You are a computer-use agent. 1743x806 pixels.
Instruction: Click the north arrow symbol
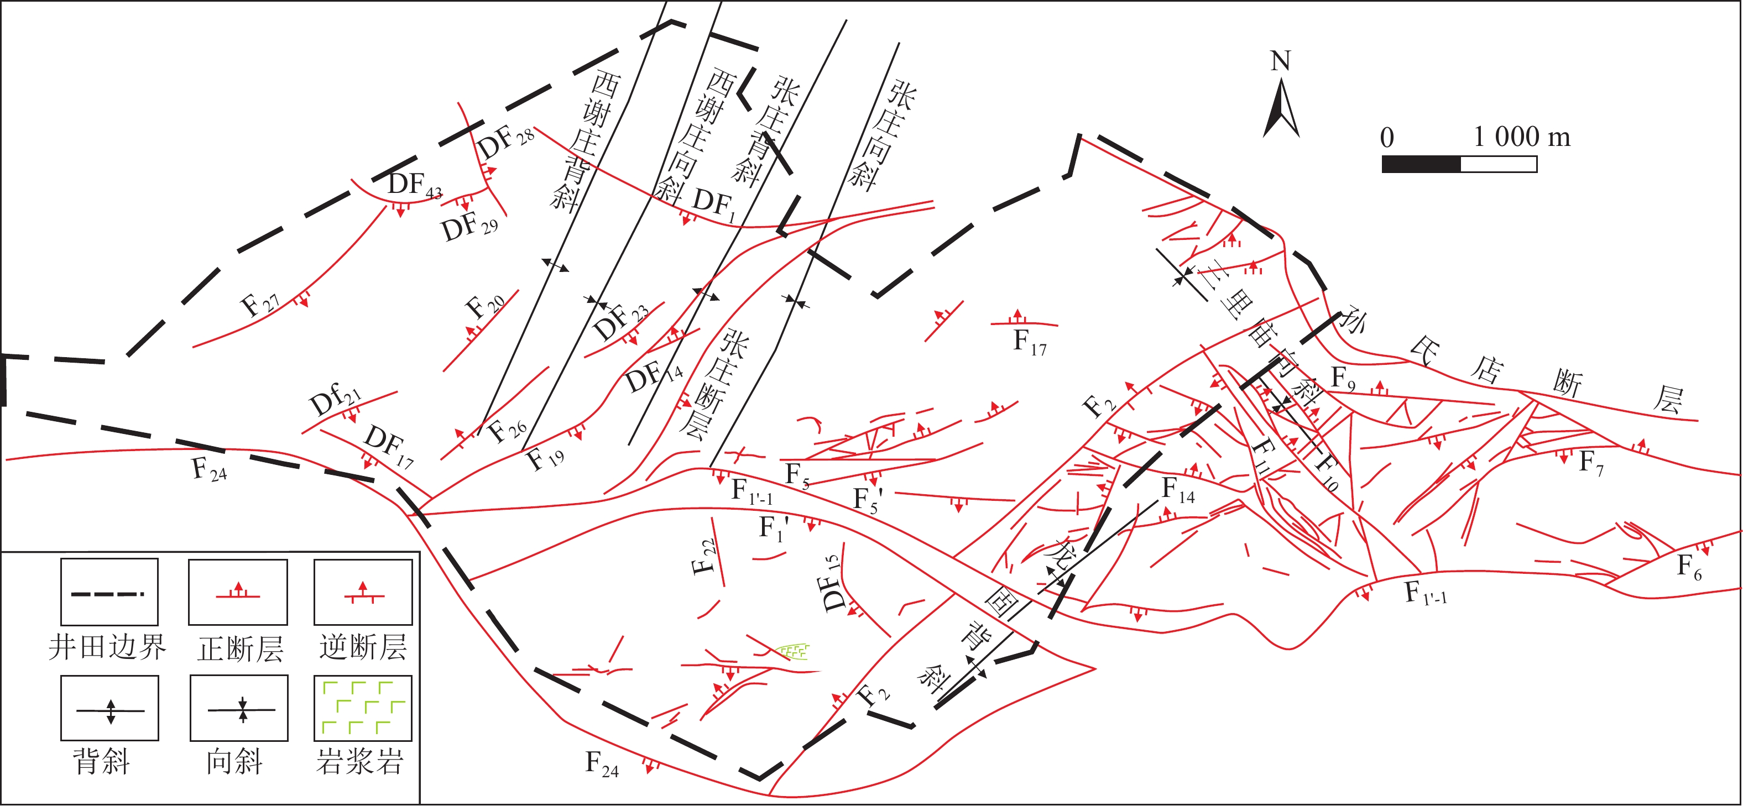point(1281,108)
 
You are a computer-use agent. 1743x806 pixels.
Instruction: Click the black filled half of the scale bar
point(1421,164)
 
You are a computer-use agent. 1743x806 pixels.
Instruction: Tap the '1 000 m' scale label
point(1521,137)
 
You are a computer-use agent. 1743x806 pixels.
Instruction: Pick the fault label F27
point(260,304)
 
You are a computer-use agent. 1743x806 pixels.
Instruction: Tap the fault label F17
point(1029,342)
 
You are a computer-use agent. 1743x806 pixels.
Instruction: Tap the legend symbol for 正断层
point(237,592)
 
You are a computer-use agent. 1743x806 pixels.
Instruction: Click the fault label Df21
point(335,400)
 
